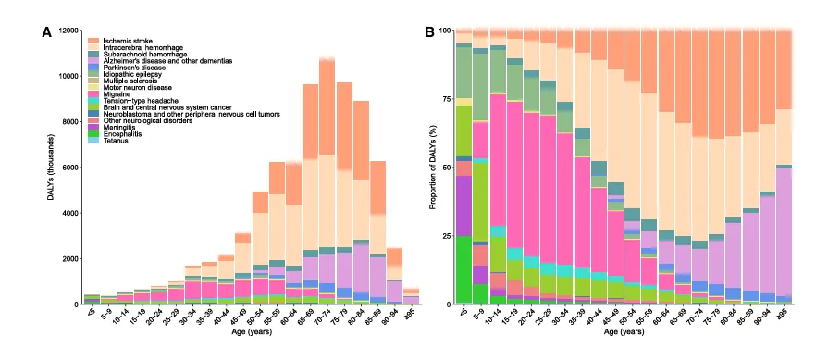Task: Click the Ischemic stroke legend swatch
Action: [x=93, y=41]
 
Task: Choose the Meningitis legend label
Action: [x=117, y=127]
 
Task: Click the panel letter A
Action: [x=47, y=32]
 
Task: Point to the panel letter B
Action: [x=430, y=32]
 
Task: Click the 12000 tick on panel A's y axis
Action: [x=69, y=31]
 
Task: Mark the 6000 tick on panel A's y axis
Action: [x=71, y=168]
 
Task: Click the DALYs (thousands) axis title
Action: [x=50, y=167]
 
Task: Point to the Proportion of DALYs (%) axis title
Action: [x=434, y=167]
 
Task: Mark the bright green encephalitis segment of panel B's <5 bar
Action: [x=464, y=269]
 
